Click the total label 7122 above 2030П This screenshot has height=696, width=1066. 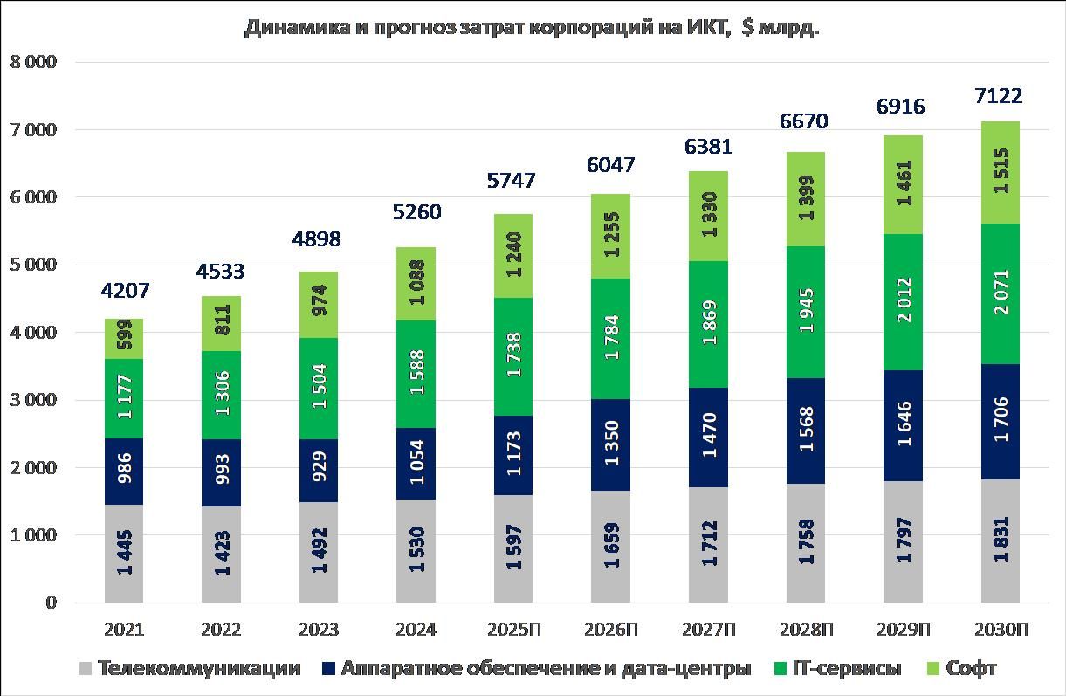(1000, 96)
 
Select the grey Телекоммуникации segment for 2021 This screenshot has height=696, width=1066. (124, 554)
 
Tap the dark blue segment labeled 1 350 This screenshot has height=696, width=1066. (610, 444)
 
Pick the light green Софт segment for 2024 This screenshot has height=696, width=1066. (416, 284)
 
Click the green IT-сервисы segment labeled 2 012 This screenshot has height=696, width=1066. (903, 302)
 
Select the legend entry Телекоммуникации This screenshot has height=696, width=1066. (199, 669)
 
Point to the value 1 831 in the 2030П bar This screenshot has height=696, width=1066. (1001, 541)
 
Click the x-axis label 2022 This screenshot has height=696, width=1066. (221, 630)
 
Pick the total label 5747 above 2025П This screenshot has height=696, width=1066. (512, 181)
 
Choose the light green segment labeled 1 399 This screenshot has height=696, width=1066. (805, 199)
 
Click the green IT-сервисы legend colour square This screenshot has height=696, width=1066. (781, 669)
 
